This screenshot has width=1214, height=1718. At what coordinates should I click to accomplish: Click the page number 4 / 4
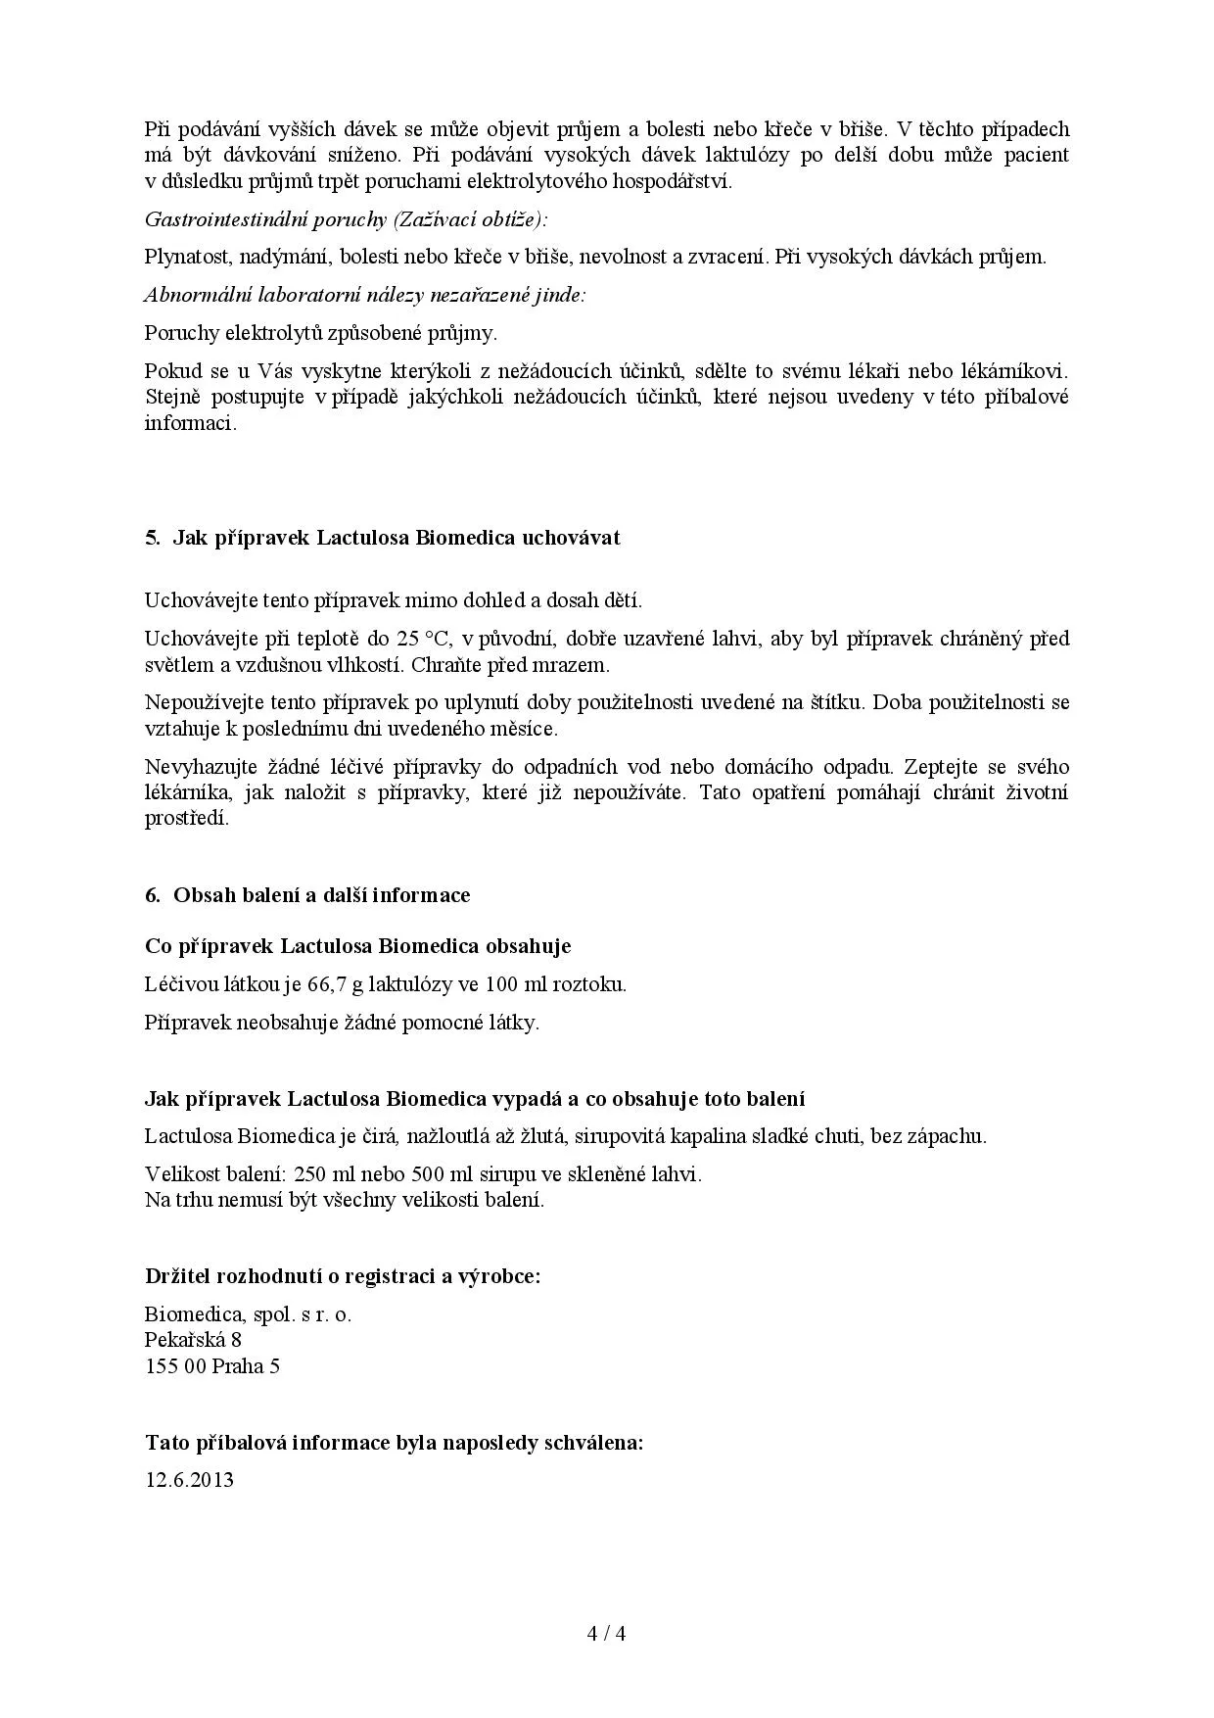click(606, 1633)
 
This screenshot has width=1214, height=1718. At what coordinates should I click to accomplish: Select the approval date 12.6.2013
click(189, 1479)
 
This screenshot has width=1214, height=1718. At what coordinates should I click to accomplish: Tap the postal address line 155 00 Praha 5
click(212, 1365)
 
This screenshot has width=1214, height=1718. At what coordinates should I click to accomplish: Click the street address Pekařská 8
click(193, 1339)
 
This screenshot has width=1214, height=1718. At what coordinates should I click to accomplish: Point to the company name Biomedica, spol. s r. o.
click(248, 1313)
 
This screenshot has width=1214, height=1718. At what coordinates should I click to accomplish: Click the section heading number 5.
click(152, 538)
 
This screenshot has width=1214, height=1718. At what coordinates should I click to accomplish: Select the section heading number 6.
click(152, 894)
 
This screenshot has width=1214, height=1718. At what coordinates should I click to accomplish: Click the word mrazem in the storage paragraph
click(577, 665)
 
